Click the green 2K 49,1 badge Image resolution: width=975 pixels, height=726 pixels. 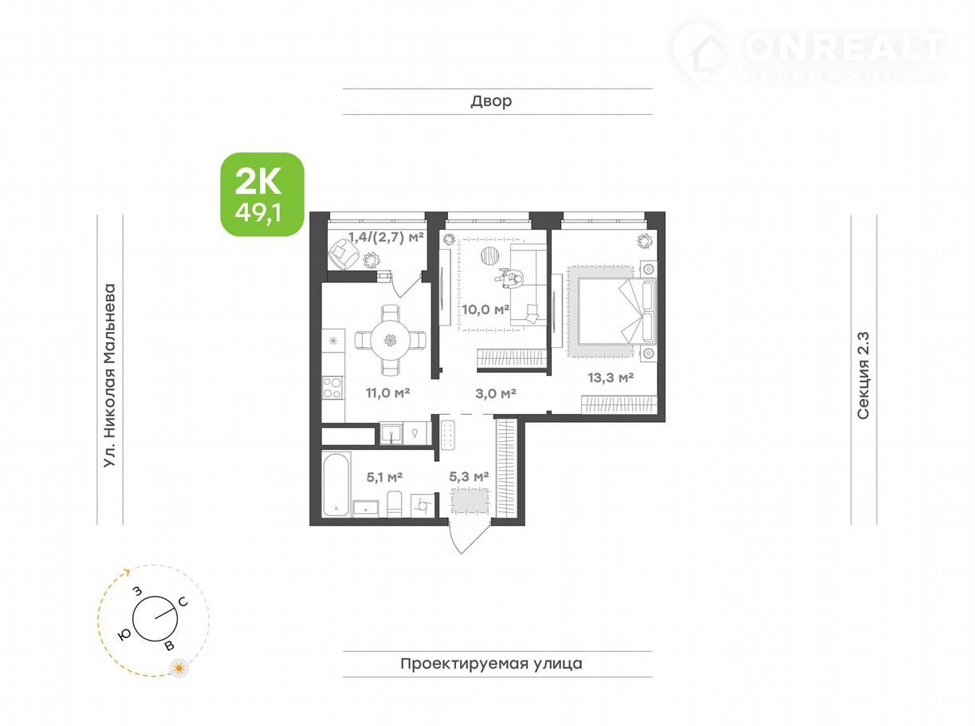click(x=262, y=194)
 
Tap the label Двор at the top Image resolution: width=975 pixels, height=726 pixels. click(x=491, y=101)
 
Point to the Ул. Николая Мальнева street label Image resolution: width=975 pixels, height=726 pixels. click(x=109, y=375)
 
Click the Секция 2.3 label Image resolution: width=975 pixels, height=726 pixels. click(x=863, y=375)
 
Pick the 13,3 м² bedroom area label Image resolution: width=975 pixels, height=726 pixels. click(x=611, y=377)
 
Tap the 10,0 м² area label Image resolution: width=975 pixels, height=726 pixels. click(x=486, y=310)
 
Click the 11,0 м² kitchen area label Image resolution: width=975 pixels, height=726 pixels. click(x=387, y=392)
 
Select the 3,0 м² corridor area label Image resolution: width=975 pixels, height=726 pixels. click(x=495, y=393)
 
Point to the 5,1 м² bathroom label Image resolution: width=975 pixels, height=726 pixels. click(x=384, y=476)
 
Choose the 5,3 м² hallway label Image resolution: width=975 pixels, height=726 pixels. click(x=469, y=476)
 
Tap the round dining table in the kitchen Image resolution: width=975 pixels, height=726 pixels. click(x=391, y=340)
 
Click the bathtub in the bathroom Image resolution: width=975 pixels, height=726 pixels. click(x=336, y=484)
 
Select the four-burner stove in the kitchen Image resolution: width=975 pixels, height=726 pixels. click(x=332, y=388)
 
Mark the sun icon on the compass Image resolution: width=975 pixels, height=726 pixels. click(x=179, y=669)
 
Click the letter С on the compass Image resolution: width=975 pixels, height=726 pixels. click(x=183, y=602)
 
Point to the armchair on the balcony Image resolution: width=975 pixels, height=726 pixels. click(x=344, y=254)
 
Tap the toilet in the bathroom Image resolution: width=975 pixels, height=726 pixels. click(x=395, y=504)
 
